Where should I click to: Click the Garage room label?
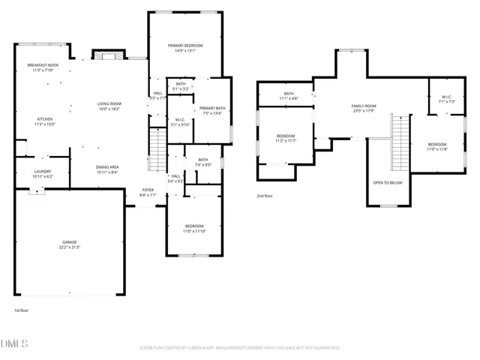69,241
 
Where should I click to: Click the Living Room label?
109,103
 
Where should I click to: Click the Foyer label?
148,190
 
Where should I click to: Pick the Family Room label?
364,106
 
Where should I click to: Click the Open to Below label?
388,182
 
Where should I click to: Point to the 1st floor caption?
21,310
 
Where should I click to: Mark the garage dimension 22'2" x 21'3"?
69,247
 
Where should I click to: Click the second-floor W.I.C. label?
445,97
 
